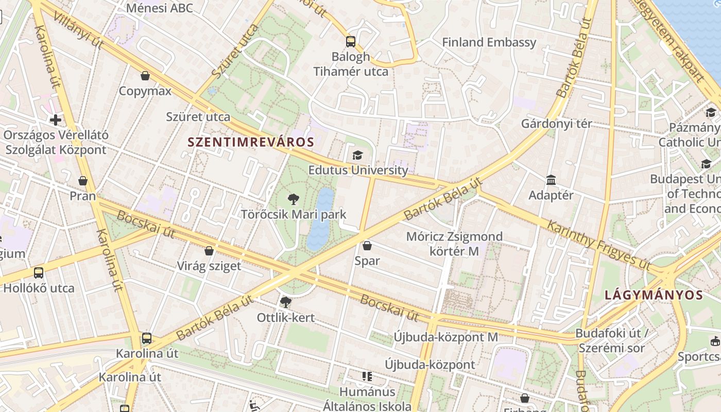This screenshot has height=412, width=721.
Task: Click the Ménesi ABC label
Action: pyautogui.click(x=159, y=8)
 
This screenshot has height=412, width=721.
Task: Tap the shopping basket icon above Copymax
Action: pyautogui.click(x=145, y=76)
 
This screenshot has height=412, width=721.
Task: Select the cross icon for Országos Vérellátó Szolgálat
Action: pyautogui.click(x=56, y=120)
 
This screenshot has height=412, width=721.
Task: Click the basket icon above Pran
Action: pyautogui.click(x=82, y=181)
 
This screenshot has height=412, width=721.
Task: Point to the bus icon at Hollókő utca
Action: pyautogui.click(x=39, y=273)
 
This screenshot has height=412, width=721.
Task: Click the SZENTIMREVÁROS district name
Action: pyautogui.click(x=251, y=142)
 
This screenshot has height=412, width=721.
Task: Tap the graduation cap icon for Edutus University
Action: pyautogui.click(x=357, y=155)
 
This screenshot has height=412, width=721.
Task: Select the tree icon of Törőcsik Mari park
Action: pyautogui.click(x=294, y=199)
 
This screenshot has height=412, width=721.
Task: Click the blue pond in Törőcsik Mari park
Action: pyautogui.click(x=320, y=219)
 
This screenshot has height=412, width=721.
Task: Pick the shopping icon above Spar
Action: pyautogui.click(x=367, y=246)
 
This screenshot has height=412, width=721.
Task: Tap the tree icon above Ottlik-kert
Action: pyautogui.click(x=285, y=302)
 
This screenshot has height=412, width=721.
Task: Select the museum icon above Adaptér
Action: pyautogui.click(x=551, y=180)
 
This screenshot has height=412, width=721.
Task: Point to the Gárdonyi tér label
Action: pyautogui.click(x=556, y=124)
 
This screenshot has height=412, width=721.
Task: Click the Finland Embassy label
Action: pyautogui.click(x=489, y=42)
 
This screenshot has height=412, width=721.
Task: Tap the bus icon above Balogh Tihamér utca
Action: pyautogui.click(x=351, y=42)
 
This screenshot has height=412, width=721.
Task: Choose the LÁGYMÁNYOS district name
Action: pyautogui.click(x=654, y=295)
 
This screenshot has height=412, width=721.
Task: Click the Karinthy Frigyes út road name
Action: pyautogui.click(x=598, y=244)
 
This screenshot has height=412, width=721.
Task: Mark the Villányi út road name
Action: pyautogui.click(x=78, y=30)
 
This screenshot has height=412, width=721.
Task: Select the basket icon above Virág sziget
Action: pyautogui.click(x=209, y=251)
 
